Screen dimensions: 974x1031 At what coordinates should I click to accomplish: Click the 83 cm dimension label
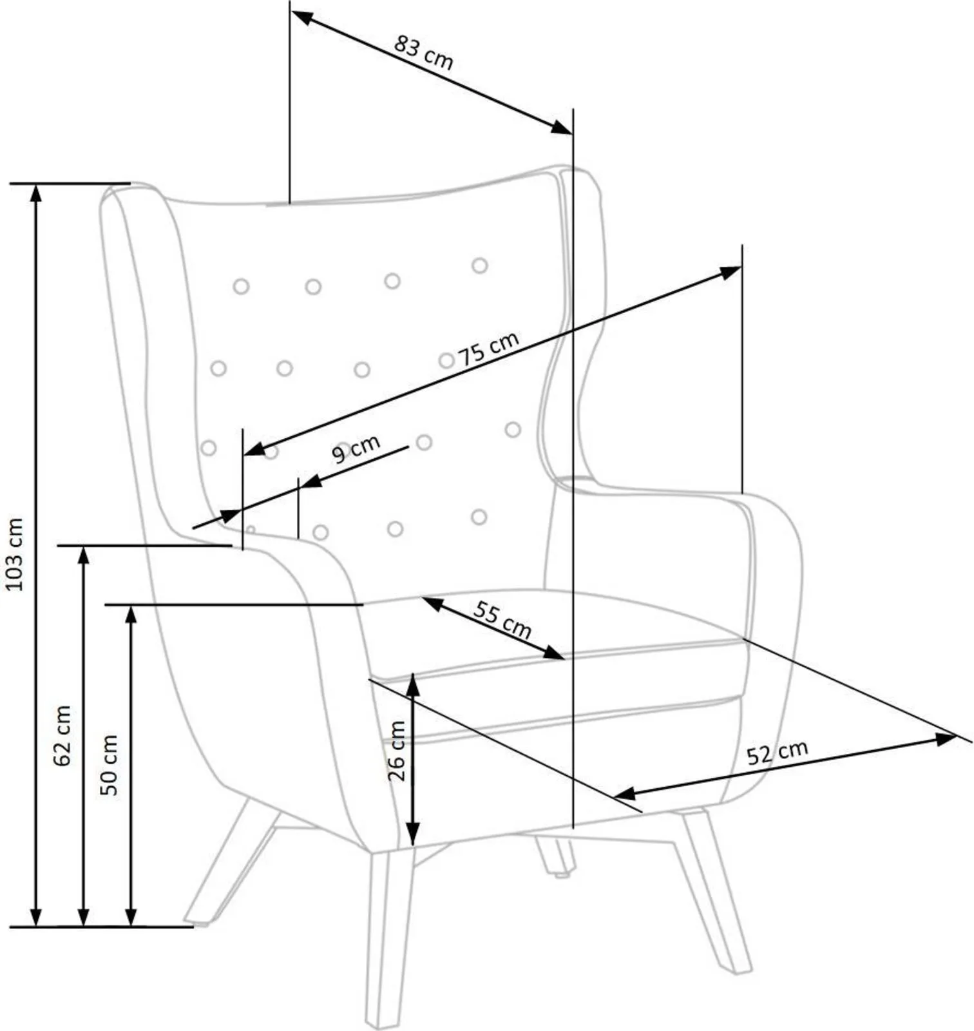click(424, 53)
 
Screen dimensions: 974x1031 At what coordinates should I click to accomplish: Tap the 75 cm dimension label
click(488, 349)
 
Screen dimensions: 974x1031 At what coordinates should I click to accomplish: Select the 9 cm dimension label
click(356, 448)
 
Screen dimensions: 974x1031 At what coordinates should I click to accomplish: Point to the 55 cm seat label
click(502, 619)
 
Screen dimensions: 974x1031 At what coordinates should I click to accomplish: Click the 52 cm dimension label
click(777, 752)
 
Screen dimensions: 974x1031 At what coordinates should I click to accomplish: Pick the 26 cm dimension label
click(397, 751)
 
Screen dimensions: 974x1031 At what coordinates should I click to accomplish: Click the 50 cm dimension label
click(110, 765)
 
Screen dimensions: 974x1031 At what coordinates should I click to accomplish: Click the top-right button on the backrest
click(479, 265)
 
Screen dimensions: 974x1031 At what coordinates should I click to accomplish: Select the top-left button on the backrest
click(241, 286)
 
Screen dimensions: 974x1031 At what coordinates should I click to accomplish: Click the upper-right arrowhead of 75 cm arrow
click(730, 273)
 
